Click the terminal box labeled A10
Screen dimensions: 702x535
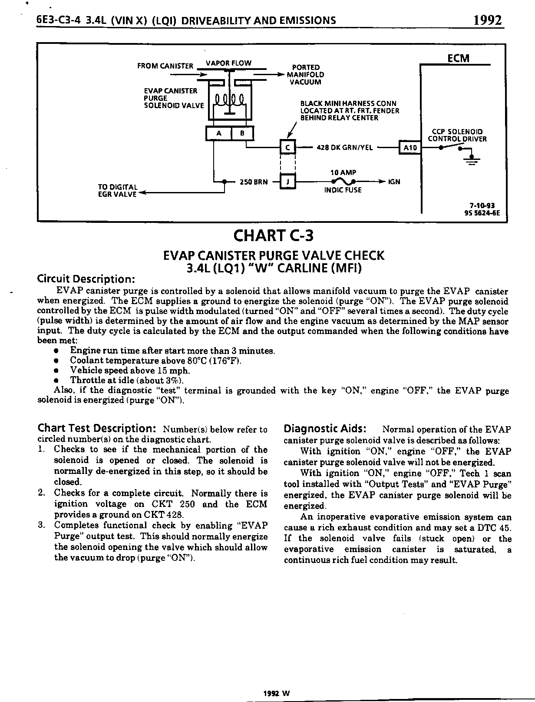pos(410,148)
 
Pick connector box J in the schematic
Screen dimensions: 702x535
pos(287,182)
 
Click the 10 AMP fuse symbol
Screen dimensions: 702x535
pos(343,182)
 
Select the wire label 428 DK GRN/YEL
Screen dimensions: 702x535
pos(345,148)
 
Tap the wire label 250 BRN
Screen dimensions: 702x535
pos(254,182)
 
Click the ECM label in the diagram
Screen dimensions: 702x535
pos(458,59)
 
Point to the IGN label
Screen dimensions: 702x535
pos(394,182)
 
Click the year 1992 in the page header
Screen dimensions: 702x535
pos(488,20)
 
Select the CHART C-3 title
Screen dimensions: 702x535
pos(273,236)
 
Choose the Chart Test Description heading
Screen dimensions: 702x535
pos(97,428)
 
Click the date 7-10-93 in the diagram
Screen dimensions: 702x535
pos(482,206)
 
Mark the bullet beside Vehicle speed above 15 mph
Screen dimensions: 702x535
pos(56,371)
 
